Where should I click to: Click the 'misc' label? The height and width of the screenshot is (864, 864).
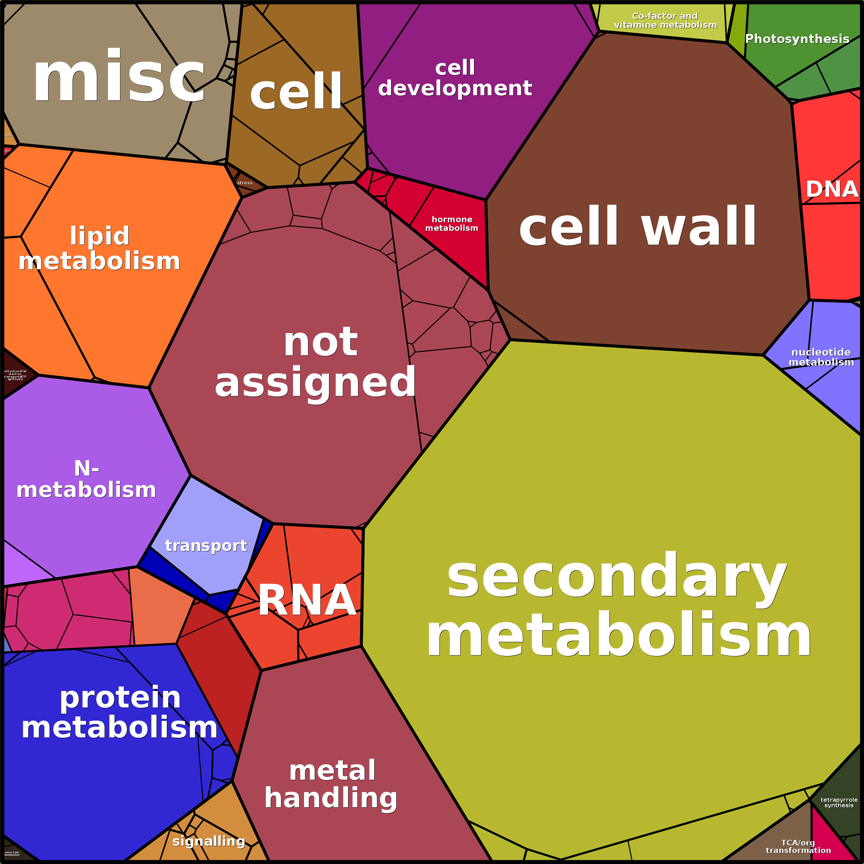(119, 77)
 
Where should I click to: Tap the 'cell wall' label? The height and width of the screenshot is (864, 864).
(638, 227)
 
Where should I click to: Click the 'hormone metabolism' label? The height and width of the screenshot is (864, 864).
(452, 224)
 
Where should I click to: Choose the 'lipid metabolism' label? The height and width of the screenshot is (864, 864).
(99, 248)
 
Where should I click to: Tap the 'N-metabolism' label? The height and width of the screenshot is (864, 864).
(86, 479)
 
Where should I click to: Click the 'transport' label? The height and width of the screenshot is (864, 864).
(206, 546)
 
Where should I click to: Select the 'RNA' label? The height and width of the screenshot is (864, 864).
(307, 601)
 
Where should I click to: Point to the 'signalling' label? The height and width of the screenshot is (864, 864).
(209, 841)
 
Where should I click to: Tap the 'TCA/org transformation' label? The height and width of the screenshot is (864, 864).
(798, 846)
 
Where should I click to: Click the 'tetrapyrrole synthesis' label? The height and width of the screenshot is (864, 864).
(839, 802)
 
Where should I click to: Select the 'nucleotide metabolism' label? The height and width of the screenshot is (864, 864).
(821, 357)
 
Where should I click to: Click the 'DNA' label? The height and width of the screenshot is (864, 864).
(832, 189)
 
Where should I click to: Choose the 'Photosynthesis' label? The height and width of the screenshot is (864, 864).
(797, 39)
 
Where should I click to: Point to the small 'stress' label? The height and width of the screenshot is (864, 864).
(245, 183)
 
